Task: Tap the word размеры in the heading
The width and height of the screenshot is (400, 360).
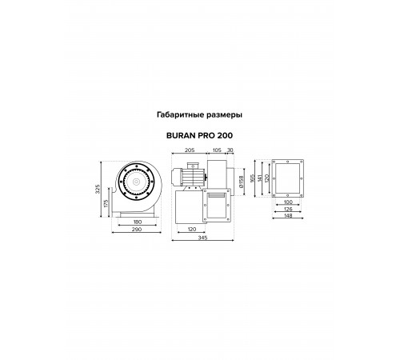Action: coord(225,115)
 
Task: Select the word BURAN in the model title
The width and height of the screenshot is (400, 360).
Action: coord(181,135)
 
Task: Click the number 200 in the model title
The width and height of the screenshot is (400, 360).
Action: coord(225,135)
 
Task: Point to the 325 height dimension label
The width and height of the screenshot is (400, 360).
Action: coord(98,189)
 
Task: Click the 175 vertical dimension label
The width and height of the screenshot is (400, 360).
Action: coord(106,204)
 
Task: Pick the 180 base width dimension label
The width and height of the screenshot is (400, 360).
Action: coord(138,222)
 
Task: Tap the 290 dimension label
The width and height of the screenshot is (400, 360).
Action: coord(137,230)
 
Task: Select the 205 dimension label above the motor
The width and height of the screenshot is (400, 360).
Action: coord(190,150)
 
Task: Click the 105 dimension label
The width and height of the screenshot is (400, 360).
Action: coord(217,150)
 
